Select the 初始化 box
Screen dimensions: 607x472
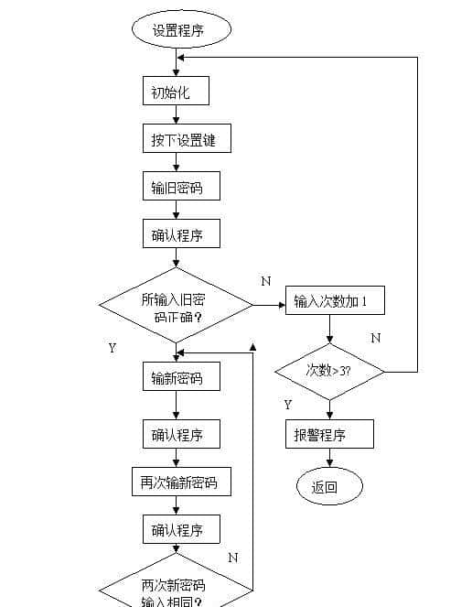click(177, 92)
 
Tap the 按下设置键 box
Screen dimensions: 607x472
click(186, 140)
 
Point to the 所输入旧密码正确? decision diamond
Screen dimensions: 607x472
click(177, 306)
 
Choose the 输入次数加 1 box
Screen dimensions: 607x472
click(333, 301)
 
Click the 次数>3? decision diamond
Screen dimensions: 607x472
click(329, 372)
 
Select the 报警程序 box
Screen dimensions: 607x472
click(328, 434)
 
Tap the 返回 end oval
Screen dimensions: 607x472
click(328, 486)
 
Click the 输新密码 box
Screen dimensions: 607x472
click(181, 377)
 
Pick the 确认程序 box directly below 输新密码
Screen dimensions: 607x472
click(181, 434)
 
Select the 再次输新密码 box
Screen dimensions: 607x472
click(180, 482)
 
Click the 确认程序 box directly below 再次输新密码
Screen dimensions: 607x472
click(181, 529)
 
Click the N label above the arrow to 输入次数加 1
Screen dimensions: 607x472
click(265, 281)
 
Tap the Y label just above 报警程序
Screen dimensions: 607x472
click(288, 404)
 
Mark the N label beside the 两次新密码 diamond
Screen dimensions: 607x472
click(232, 557)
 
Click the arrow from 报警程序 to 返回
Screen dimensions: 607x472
click(328, 459)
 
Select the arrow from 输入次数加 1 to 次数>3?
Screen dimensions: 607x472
click(328, 329)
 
